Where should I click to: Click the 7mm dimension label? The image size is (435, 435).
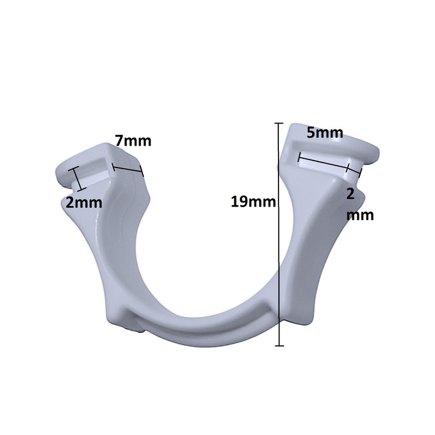tap(133, 141)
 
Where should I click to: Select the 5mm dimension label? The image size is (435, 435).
tap(324, 133)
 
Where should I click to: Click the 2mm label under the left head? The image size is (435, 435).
tap(84, 203)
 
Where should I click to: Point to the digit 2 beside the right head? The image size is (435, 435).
tap(352, 194)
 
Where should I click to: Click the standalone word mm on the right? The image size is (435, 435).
tap(360, 215)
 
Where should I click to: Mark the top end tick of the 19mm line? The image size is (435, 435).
tap(279, 124)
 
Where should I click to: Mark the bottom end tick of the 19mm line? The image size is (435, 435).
tap(279, 345)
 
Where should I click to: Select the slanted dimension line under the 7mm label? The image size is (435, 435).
tap(127, 170)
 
